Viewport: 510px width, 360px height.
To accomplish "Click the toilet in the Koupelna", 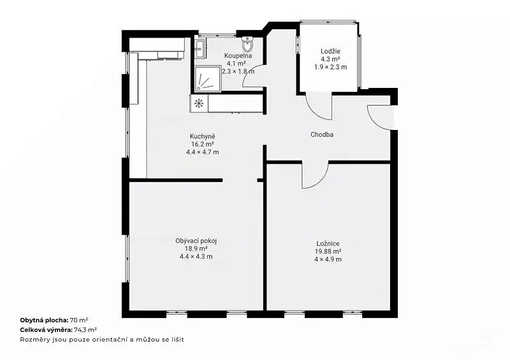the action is [247, 44].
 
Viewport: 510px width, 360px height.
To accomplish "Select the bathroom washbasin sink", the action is [200, 48].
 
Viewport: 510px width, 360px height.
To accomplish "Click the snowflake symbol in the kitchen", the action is [199, 103].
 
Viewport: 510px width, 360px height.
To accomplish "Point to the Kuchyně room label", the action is [203, 136].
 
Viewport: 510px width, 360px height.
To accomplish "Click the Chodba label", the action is [322, 134].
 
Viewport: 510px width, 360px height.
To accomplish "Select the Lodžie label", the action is [330, 51].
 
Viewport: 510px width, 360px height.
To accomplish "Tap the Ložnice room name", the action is [328, 243].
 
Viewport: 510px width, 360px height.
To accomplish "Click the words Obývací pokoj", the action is [196, 241].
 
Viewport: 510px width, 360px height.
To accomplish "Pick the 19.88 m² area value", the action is [328, 252].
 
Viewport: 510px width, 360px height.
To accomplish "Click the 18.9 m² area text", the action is [196, 248].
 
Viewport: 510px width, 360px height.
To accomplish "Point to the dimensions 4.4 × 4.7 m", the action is [203, 152].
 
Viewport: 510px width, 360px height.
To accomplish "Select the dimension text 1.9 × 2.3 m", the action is [330, 67].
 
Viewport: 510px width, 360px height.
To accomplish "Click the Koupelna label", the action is [238, 55].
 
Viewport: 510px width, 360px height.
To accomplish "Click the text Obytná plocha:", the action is [44, 320].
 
